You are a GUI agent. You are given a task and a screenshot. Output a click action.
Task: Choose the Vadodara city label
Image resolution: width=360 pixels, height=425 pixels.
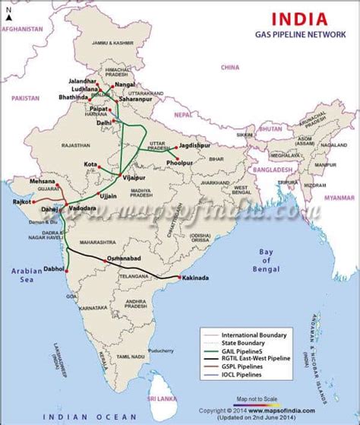pyautogui.click(x=83, y=208)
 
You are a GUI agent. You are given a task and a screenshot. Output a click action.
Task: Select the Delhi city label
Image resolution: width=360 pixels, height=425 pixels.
pyautogui.click(x=104, y=122)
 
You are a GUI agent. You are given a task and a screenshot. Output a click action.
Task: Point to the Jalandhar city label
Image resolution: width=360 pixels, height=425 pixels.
pyautogui.click(x=80, y=81)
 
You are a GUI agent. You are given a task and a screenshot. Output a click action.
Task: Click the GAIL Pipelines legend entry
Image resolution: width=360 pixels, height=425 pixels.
pyautogui.click(x=247, y=350)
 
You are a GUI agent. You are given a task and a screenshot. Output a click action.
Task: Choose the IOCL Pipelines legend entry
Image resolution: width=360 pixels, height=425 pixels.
pyautogui.click(x=246, y=375)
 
